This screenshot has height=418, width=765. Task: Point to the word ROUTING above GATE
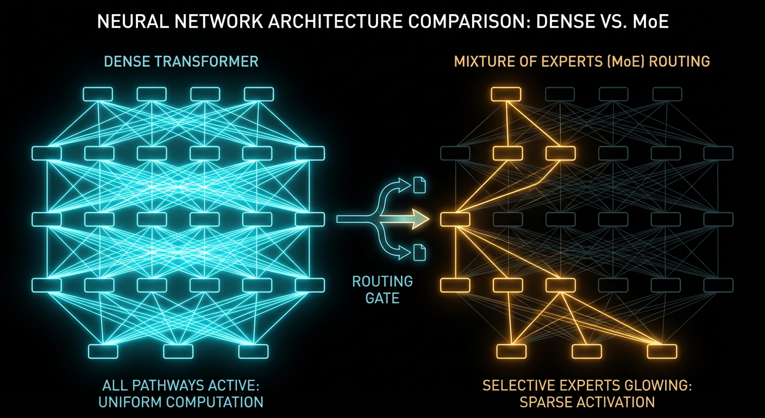pos(382,282)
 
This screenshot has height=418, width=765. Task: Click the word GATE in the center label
pos(382,298)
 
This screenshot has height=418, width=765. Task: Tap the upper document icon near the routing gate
pos(420,185)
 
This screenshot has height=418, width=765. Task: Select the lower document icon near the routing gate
pos(420,252)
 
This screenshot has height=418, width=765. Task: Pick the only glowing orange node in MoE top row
pos(506,94)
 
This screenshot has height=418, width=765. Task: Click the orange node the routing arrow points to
pos(454,219)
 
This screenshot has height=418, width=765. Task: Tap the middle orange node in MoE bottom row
pos(587,351)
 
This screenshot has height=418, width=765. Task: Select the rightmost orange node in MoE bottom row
pos(662,351)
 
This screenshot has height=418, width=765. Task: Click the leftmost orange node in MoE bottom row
pos(511,351)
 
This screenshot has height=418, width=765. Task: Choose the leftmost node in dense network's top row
pos(97,94)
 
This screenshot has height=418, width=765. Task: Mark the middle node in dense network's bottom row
pos(178,351)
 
